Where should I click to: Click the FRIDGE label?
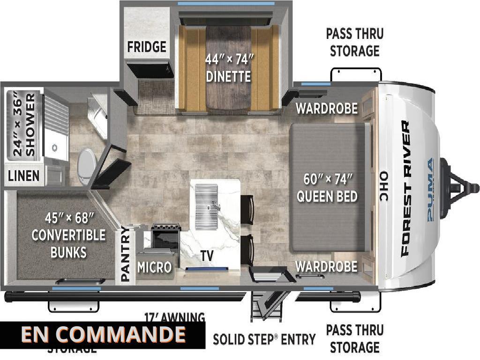pos(147,47)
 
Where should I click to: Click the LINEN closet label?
pos(24,176)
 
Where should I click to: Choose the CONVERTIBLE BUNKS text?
pos(68,235)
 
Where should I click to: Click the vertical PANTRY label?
pos(126,254)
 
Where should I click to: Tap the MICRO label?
pos(154,267)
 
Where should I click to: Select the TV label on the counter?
pos(206,256)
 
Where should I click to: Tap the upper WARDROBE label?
pos(326,109)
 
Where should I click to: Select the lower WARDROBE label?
pos(326,267)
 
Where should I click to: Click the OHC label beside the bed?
pos(384,188)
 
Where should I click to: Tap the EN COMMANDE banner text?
pos(103,335)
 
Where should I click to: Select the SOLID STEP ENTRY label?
pos(264,339)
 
